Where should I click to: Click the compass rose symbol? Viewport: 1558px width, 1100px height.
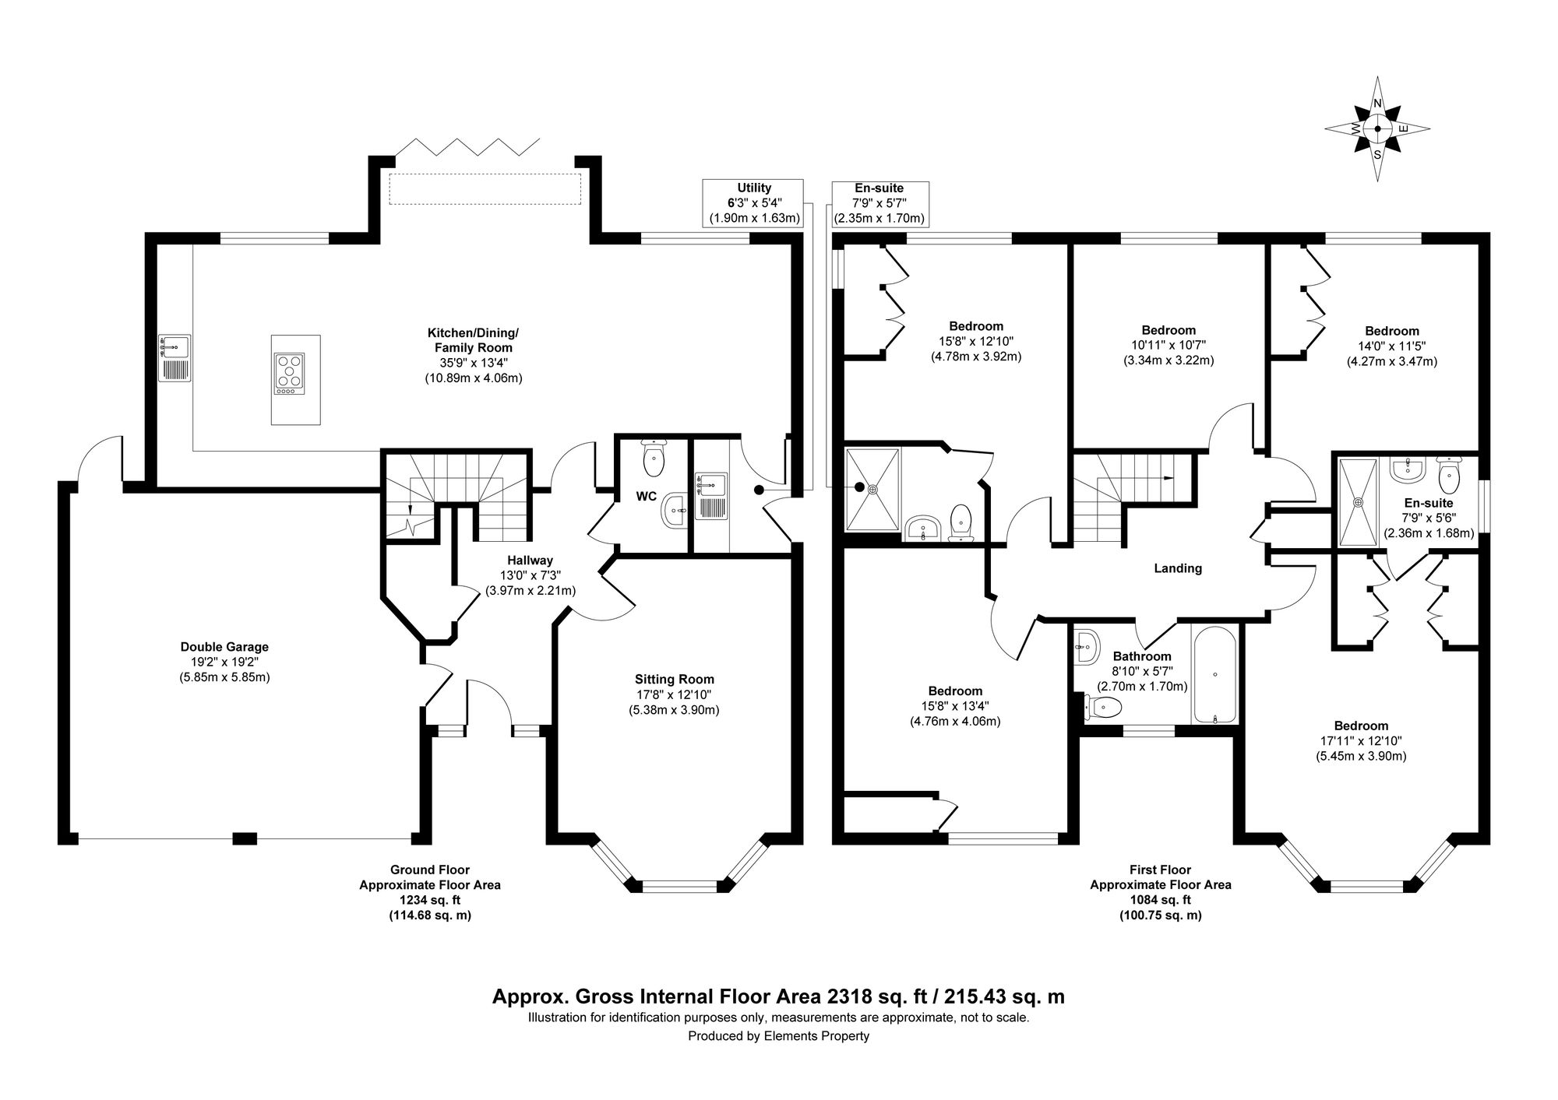pos(1377,130)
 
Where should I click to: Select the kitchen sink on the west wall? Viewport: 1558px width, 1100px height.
pos(174,357)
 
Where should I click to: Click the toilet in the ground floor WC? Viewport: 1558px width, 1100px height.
pos(653,459)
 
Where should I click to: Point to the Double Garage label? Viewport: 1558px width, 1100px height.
pos(224,646)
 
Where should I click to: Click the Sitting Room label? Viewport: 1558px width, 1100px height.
pos(674,679)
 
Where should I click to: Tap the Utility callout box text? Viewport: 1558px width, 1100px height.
pos(754,202)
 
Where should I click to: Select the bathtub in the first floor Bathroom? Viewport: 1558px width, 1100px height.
pos(1214,674)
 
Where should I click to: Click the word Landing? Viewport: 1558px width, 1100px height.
pos(1177,568)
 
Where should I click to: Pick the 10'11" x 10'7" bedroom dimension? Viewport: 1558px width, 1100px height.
pos(1168,345)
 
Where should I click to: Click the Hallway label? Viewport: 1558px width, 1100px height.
pos(530,560)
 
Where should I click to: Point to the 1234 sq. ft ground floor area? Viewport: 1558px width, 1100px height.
pos(429,900)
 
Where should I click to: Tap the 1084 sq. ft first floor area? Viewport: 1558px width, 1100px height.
pos(1160,900)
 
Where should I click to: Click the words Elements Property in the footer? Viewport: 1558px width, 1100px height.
pos(816,1058)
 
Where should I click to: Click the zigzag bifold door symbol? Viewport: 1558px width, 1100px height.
pos(467,146)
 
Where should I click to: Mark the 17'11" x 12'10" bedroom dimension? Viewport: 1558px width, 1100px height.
pos(1360,740)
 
